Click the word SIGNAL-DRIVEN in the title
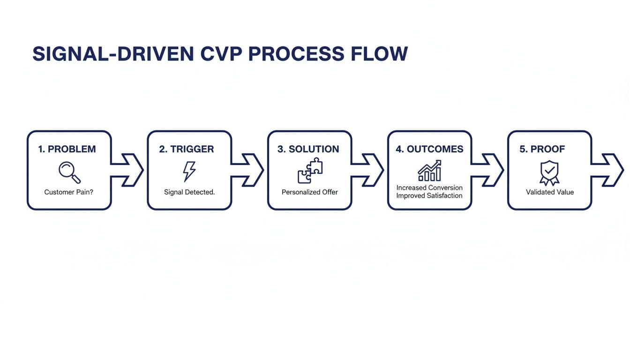[x=113, y=54]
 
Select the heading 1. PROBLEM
[x=67, y=149]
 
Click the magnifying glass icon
[x=69, y=172]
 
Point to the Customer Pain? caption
[x=69, y=192]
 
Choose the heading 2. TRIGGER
[x=187, y=149]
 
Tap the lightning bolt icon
[x=189, y=172]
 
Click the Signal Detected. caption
[x=189, y=192]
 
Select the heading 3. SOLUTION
[x=308, y=149]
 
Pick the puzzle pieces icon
[x=310, y=170]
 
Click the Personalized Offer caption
[x=310, y=192]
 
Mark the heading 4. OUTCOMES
[x=429, y=149]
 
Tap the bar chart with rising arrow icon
[x=429, y=171]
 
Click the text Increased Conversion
[x=429, y=187]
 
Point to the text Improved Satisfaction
[x=429, y=195]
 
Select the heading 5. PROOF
[x=542, y=149]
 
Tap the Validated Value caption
[x=550, y=192]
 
